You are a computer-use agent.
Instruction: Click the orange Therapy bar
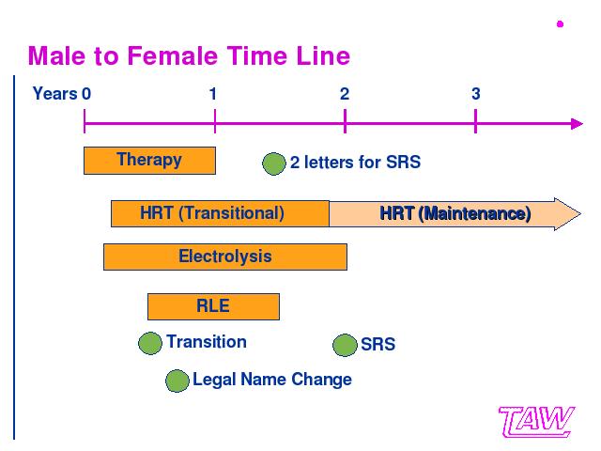[x=149, y=161]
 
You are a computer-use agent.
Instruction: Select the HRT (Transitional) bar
[x=220, y=213]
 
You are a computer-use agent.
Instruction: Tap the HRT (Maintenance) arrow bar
[x=455, y=214]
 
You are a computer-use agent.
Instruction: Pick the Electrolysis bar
[x=225, y=257]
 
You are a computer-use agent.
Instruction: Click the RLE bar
[x=213, y=306]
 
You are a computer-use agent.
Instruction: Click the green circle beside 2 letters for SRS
[x=274, y=163]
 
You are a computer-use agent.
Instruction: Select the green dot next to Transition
[x=150, y=343]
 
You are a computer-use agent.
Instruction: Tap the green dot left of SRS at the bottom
[x=345, y=345]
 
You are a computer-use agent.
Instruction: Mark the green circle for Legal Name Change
[x=177, y=381]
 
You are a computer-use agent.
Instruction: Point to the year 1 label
[x=213, y=94]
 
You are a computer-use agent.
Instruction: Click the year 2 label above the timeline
[x=345, y=94]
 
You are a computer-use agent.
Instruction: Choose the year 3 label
[x=476, y=94]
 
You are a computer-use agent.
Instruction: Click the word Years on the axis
[x=54, y=94]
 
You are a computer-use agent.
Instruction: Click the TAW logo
[x=536, y=422]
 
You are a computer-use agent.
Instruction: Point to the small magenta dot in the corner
[x=560, y=24]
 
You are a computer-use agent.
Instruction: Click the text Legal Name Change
[x=272, y=380]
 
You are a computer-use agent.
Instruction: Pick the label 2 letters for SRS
[x=355, y=163]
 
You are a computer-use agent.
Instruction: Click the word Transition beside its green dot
[x=207, y=342]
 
